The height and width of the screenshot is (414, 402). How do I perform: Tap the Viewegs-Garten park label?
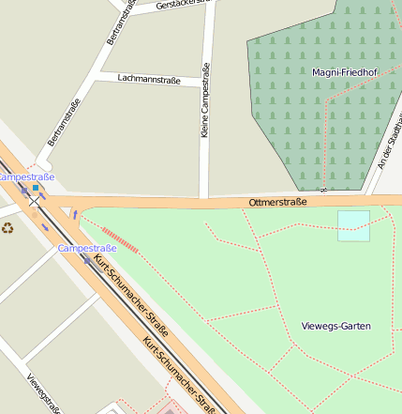(x=336, y=326)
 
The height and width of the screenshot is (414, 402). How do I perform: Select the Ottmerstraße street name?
(x=278, y=202)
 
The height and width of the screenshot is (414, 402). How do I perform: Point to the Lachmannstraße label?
(x=149, y=80)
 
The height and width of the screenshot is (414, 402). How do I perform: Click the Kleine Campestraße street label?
(x=205, y=100)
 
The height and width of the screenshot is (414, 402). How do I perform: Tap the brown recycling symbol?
(x=7, y=227)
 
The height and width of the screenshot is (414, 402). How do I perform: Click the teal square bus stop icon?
(x=36, y=188)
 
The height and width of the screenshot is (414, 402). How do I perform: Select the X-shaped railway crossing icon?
(x=34, y=200)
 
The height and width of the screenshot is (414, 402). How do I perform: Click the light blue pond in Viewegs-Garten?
(x=353, y=225)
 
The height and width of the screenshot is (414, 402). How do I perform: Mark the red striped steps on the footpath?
(x=120, y=239)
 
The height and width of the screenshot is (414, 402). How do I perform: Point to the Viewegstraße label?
(x=44, y=394)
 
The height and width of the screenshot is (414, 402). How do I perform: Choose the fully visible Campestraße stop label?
(x=87, y=248)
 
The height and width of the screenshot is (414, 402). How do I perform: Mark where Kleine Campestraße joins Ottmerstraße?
(x=203, y=200)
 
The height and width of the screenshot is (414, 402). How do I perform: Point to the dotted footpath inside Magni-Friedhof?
(x=326, y=141)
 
